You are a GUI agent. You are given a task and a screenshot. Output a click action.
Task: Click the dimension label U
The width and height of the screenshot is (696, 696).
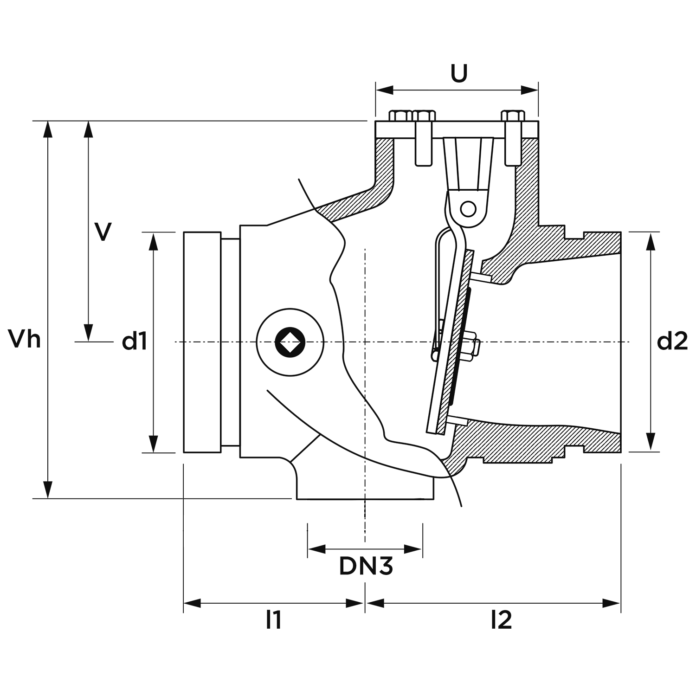459,73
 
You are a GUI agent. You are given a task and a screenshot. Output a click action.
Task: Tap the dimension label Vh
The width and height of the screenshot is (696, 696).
25,339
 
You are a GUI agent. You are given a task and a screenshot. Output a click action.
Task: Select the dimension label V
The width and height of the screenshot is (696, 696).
103,232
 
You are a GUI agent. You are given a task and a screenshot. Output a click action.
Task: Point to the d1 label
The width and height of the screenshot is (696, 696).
135,342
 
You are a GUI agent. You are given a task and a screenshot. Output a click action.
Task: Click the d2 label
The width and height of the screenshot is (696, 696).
672,342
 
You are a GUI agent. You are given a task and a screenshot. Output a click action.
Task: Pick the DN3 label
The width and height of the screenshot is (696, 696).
366,566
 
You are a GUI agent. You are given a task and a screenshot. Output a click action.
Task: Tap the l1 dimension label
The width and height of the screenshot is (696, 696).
273,620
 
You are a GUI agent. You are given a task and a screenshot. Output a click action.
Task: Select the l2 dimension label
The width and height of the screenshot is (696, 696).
501,620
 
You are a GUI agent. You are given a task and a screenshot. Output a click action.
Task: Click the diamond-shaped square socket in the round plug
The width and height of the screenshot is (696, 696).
290,342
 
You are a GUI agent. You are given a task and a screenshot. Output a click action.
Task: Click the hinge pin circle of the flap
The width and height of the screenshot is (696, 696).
469,209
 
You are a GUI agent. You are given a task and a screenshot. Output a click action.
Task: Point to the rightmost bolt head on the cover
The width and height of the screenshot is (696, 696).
513,116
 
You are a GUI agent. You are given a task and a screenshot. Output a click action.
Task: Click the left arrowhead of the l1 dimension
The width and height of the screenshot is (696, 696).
192,603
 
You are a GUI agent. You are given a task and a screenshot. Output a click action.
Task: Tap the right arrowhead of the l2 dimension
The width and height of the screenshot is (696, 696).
612,603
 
